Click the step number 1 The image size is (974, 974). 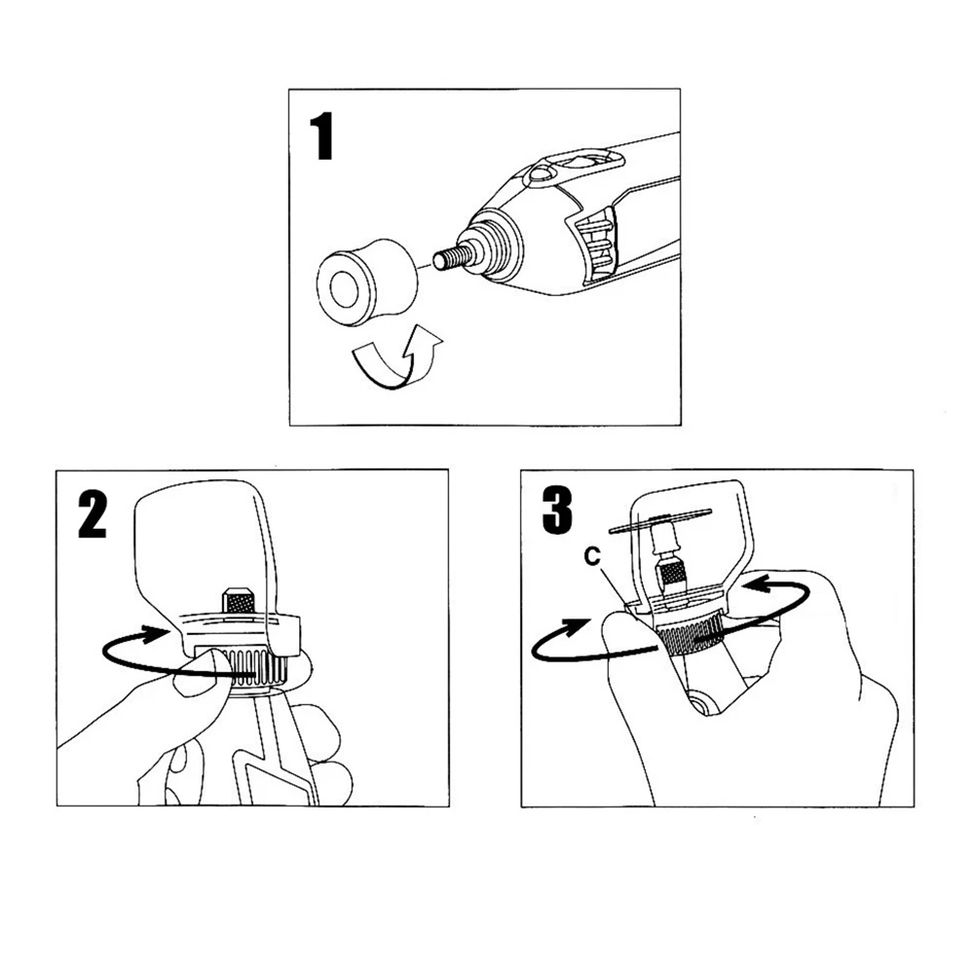(322, 136)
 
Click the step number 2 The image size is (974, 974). (94, 515)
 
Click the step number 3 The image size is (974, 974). (557, 510)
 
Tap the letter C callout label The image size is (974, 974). (593, 556)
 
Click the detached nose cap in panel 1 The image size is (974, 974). (366, 281)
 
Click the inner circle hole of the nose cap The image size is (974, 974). (342, 288)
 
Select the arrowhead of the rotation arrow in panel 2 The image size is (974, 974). (155, 634)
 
